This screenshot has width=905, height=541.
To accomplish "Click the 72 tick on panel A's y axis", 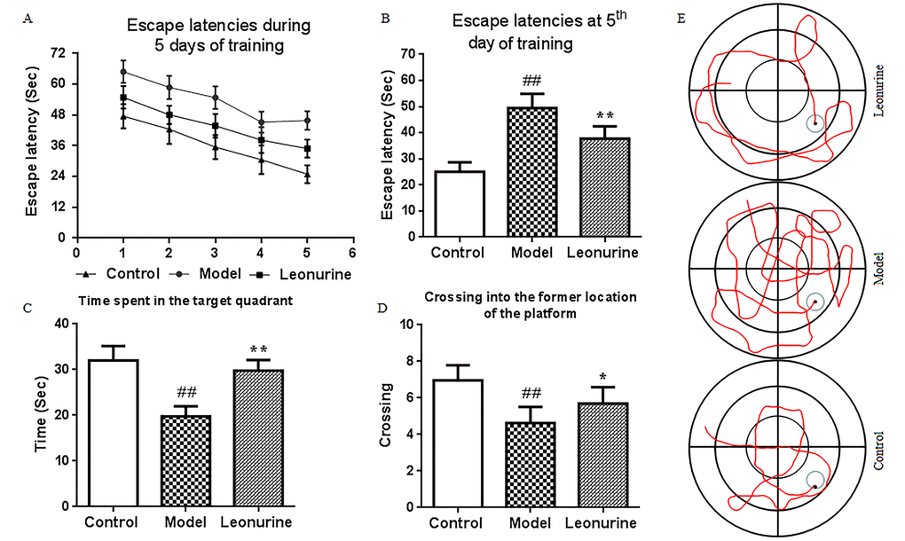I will click(57, 53).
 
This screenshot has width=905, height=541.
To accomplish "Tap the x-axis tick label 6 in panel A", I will click(353, 251).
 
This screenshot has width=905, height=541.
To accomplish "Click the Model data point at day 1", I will click(123, 72).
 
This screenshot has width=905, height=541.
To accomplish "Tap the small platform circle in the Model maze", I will click(815, 302).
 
